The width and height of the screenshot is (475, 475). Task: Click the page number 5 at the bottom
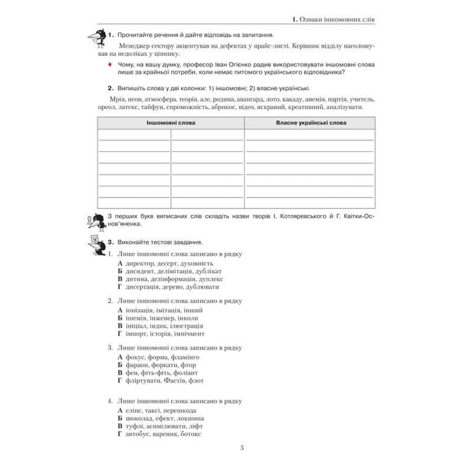point(242,448)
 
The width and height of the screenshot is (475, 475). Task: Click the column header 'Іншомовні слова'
point(171,123)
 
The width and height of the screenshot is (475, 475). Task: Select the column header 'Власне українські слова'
point(311,123)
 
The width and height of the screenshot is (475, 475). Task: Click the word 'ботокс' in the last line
point(191,434)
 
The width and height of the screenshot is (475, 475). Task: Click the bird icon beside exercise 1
point(96,35)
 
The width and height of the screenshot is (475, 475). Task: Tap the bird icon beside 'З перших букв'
point(96,221)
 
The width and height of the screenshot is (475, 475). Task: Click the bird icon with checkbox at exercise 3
point(96,245)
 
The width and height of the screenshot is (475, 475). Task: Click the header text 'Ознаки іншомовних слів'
point(337,19)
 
